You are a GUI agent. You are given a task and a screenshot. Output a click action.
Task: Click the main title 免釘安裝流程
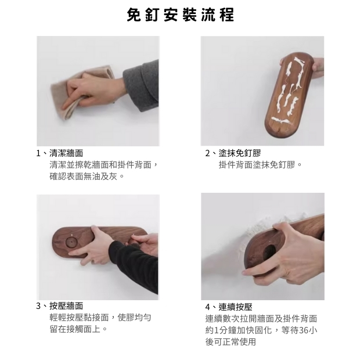click(181, 15)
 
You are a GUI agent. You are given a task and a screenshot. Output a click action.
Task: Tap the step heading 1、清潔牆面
click(59, 153)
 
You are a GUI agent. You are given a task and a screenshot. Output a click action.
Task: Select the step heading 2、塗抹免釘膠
click(233, 153)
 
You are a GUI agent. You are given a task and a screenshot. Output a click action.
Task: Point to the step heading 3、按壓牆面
click(59, 306)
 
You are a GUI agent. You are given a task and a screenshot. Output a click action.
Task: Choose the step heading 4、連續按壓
click(229, 307)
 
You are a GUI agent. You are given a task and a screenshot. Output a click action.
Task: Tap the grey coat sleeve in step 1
click(142, 85)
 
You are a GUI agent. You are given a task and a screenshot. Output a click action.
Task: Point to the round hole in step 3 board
click(71, 242)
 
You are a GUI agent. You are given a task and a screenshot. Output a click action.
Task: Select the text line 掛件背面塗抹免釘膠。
click(260, 165)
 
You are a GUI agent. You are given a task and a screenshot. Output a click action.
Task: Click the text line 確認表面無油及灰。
click(87, 177)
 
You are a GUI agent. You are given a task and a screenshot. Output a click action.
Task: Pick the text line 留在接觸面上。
click(78, 329)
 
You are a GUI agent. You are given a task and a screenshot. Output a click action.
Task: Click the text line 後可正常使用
click(231, 342)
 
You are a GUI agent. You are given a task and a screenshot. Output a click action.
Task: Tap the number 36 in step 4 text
click(304, 330)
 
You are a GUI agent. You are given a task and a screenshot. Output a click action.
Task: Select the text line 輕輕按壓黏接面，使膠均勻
click(100, 318)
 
